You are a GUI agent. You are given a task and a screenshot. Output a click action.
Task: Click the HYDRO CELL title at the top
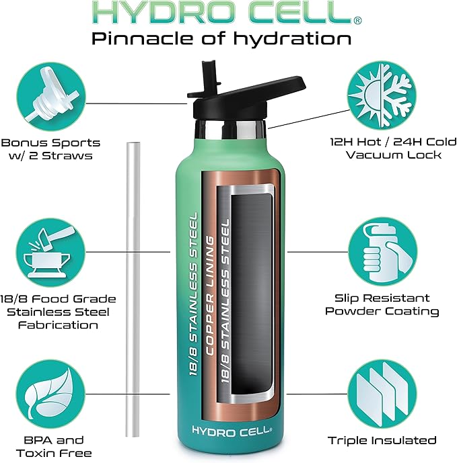click(226, 12)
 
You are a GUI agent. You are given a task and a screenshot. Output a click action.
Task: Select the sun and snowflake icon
click(382, 96)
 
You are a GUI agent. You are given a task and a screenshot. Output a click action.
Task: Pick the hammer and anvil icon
click(50, 252)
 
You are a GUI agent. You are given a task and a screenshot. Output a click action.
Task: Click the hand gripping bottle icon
click(382, 252)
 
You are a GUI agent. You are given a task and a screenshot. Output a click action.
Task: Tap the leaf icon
click(50, 394)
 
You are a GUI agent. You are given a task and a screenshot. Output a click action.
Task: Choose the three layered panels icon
click(382, 394)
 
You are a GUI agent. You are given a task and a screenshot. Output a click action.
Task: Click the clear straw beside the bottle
click(133, 290)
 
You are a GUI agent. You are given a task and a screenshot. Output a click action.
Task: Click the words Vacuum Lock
click(394, 155)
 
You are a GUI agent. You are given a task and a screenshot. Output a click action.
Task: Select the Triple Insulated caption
click(382, 441)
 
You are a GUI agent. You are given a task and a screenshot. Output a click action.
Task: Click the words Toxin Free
click(54, 453)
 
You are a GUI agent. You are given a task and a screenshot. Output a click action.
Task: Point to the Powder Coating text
click(382, 311)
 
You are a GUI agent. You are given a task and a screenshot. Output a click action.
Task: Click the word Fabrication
click(58, 325)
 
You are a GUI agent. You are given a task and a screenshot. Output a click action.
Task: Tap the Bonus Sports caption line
click(50, 142)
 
